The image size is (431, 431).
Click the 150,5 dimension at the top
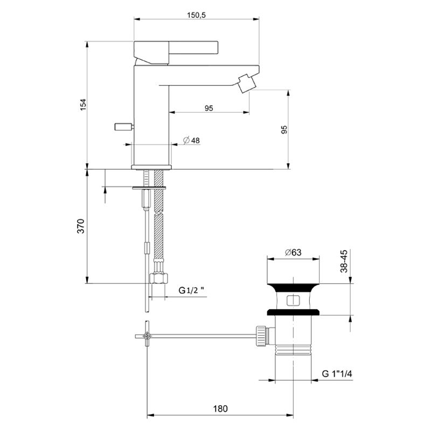pyautogui.click(x=197, y=15)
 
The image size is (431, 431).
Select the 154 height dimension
pyautogui.click(x=83, y=105)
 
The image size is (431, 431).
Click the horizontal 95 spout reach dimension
pyautogui.click(x=209, y=108)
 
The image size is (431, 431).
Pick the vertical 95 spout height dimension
pyautogui.click(x=284, y=129)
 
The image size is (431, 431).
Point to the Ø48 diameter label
pyautogui.click(x=191, y=140)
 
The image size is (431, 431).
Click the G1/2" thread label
pyautogui.click(x=192, y=291)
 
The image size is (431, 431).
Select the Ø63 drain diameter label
pyautogui.click(x=294, y=252)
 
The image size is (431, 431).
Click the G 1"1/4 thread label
pyautogui.click(x=338, y=373)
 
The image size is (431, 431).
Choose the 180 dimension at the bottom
pyautogui.click(x=220, y=408)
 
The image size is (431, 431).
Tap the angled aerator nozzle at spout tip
pyautogui.click(x=246, y=84)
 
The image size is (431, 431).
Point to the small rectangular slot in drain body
pyautogui.click(x=294, y=300)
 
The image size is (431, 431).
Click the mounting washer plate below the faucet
pyautogui.click(x=151, y=187)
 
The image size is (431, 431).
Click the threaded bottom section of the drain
pyautogui.click(x=294, y=350)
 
